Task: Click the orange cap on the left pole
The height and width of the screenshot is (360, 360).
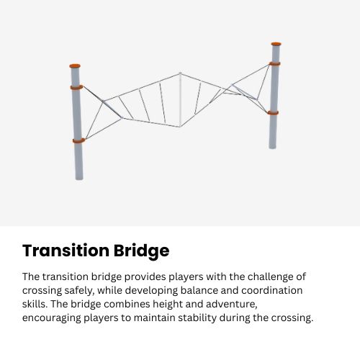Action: tap(75, 66)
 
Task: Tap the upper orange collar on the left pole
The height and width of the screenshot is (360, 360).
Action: tap(76, 87)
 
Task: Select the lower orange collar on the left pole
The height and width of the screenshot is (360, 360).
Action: tap(78, 140)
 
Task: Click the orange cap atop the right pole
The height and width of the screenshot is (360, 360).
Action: tap(276, 44)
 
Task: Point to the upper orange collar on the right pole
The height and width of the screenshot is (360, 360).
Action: tap(275, 63)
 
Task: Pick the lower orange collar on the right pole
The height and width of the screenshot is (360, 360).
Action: tap(274, 112)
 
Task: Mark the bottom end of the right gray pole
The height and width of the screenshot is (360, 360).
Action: tap(273, 146)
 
